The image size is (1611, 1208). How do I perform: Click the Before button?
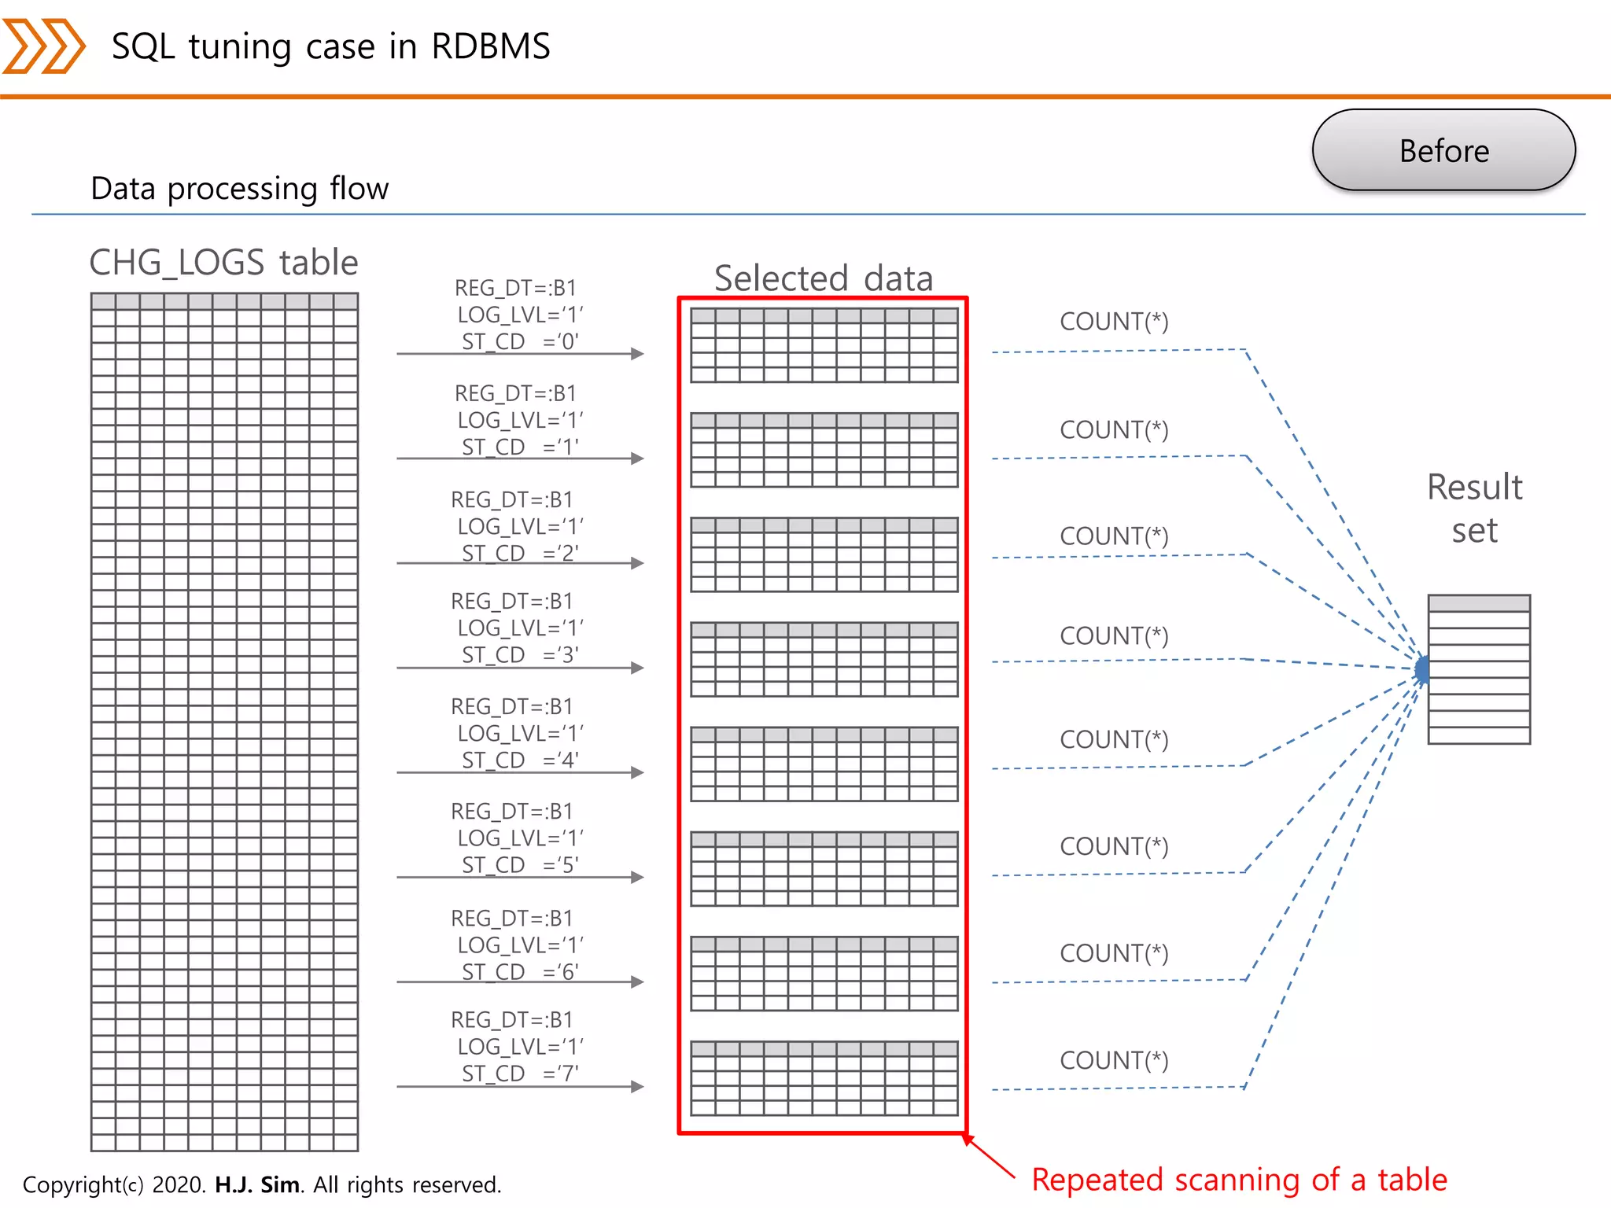[1443, 150]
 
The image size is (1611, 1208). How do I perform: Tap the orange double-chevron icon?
[43, 46]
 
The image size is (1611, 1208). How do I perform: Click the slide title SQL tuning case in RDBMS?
[330, 46]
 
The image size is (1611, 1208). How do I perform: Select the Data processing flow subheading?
[239, 189]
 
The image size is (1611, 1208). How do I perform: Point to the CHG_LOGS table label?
[223, 262]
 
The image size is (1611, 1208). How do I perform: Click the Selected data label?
[823, 278]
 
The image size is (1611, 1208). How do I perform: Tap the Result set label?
[1474, 509]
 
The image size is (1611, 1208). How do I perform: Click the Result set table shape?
[1479, 669]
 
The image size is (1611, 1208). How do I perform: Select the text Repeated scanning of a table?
[1239, 1180]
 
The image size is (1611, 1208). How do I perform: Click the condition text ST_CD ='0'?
[520, 341]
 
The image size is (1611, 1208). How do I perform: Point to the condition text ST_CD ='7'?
[520, 1074]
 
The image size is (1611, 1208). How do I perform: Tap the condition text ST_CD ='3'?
[520, 654]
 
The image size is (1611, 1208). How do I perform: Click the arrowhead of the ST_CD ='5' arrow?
[638, 877]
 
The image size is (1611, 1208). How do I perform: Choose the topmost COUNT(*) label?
[1114, 322]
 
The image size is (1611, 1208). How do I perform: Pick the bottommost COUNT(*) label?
[1114, 1060]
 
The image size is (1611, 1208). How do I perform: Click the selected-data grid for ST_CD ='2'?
[824, 554]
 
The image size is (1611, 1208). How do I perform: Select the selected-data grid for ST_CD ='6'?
[824, 974]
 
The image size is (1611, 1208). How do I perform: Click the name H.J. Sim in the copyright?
[257, 1184]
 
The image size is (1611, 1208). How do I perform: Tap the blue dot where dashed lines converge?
[1422, 669]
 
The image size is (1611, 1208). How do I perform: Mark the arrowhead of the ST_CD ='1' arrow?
[638, 459]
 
